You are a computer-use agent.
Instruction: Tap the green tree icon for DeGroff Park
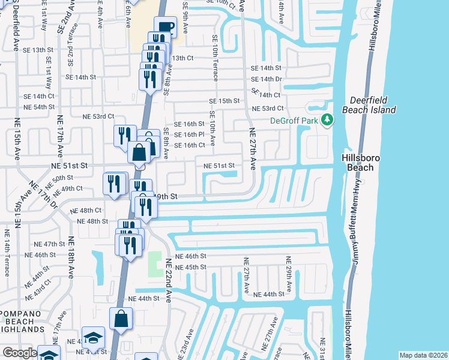327,121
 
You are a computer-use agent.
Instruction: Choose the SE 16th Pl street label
190,135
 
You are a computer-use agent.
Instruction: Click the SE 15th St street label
224,101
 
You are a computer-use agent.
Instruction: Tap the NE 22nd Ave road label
169,280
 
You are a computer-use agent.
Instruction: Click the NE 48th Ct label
86,211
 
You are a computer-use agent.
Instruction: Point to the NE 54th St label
39,107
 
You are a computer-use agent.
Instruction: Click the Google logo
19,353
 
